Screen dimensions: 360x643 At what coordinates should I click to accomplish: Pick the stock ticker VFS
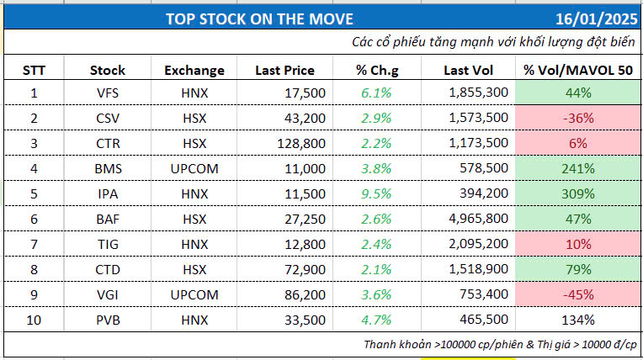[x=109, y=93]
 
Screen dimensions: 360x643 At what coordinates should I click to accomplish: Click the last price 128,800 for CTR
[x=300, y=143]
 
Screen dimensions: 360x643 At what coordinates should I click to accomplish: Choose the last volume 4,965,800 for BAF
[x=477, y=219]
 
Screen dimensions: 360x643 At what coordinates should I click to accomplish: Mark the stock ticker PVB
[x=109, y=320]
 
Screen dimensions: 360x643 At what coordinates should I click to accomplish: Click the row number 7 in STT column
[x=33, y=244]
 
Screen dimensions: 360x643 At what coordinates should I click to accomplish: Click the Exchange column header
[x=194, y=69]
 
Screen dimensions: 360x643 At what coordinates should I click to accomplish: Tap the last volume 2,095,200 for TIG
[x=477, y=244]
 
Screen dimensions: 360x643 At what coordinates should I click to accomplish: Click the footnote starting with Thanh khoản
[x=501, y=344]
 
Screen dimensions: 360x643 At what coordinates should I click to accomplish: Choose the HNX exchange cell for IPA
[x=194, y=193]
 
